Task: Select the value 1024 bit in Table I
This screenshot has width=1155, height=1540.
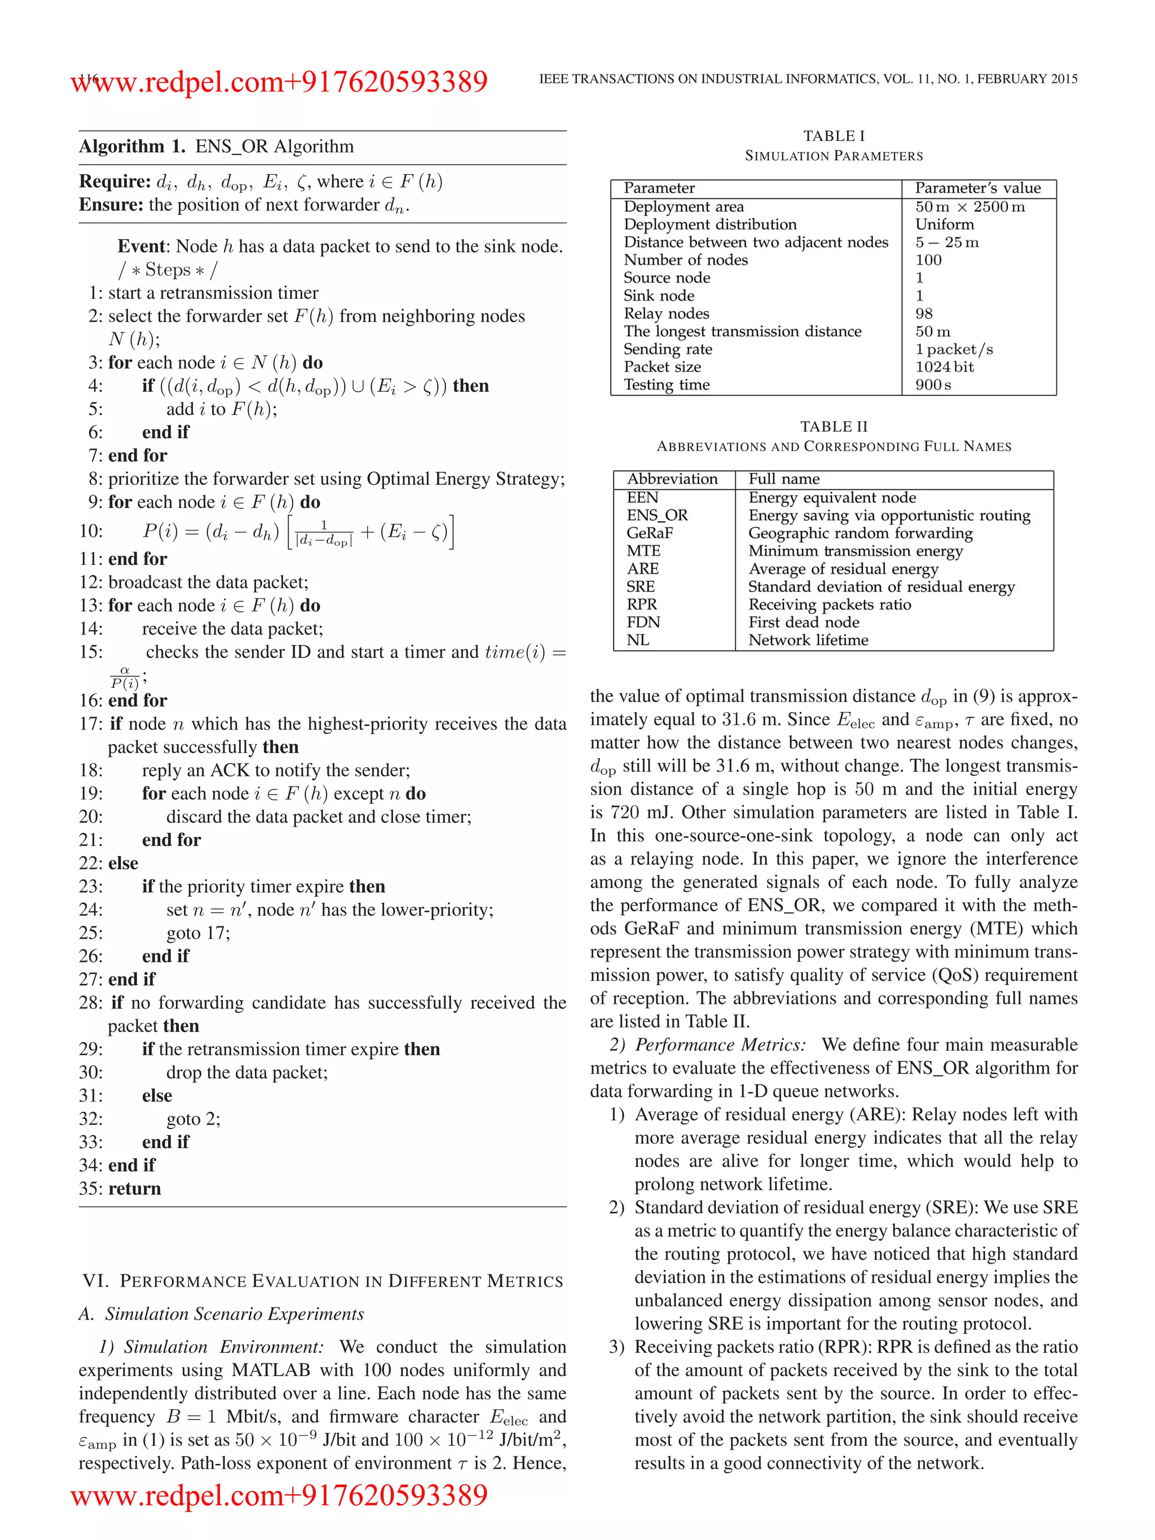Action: pyautogui.click(x=944, y=367)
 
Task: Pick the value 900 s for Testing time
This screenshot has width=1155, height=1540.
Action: pyautogui.click(x=933, y=385)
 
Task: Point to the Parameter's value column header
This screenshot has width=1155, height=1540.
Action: pyautogui.click(x=977, y=188)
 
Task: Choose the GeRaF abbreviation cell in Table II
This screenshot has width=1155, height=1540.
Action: pyautogui.click(x=649, y=533)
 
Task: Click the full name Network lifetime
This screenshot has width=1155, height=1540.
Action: pyautogui.click(x=808, y=640)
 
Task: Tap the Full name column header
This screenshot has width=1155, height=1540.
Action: pyautogui.click(x=783, y=479)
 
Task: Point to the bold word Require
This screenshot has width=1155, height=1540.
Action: pyautogui.click(x=114, y=182)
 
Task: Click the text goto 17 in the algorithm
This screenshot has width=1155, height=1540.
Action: pyautogui.click(x=198, y=933)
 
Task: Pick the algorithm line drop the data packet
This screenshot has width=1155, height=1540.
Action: pyautogui.click(x=246, y=1072)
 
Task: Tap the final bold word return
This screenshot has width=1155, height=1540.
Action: pyautogui.click(x=134, y=1189)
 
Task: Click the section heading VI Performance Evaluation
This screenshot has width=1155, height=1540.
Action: pyautogui.click(x=323, y=1281)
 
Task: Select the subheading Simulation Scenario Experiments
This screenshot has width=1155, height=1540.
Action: pyautogui.click(x=234, y=1314)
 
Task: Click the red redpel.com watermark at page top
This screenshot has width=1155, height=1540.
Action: pyautogui.click(x=279, y=82)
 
